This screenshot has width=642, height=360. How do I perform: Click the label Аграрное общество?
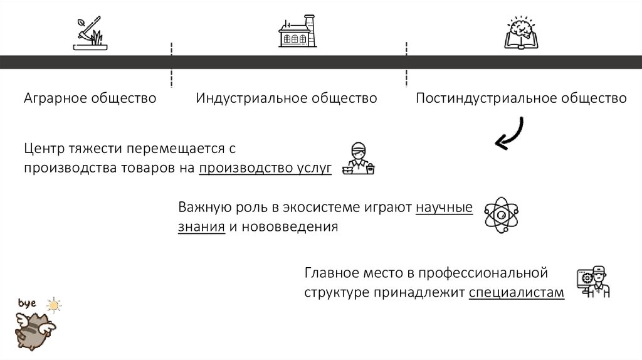pyautogui.click(x=90, y=98)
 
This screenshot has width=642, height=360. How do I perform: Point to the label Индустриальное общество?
pyautogui.click(x=287, y=98)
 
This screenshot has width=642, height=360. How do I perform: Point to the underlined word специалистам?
pyautogui.click(x=516, y=292)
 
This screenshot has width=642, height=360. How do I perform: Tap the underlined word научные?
pyautogui.click(x=444, y=208)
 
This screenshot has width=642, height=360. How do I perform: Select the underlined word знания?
pyautogui.click(x=201, y=226)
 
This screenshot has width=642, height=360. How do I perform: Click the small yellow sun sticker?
pyautogui.click(x=55, y=305)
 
